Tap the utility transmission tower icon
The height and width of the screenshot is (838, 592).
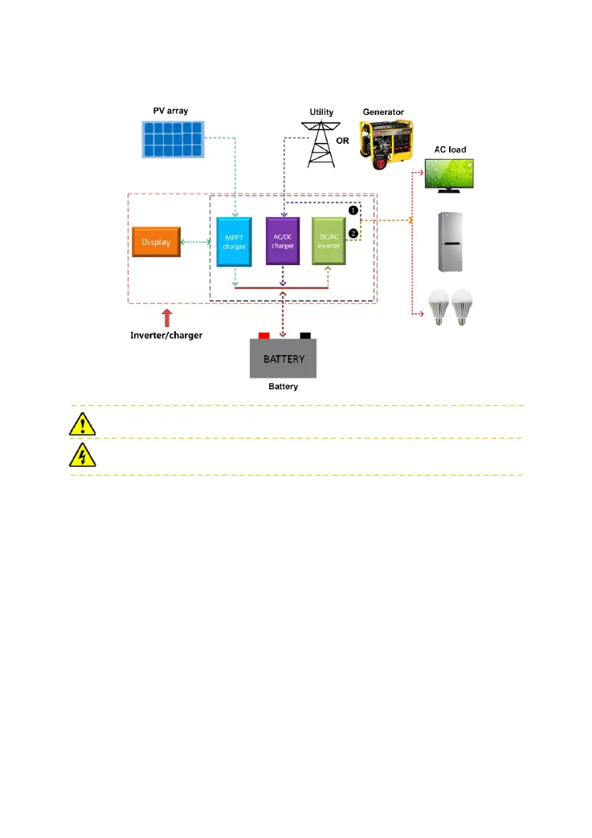click(321, 144)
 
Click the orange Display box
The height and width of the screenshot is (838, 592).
click(156, 242)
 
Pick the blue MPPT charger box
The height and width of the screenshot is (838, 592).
click(235, 241)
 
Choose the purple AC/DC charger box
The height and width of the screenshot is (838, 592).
click(282, 241)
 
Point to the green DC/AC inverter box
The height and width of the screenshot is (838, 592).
click(329, 241)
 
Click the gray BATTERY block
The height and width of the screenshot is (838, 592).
click(283, 358)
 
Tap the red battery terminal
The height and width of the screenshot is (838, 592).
click(263, 335)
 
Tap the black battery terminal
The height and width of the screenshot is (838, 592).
click(304, 335)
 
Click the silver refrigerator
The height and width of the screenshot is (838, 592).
click(450, 242)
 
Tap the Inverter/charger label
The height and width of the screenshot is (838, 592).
click(166, 335)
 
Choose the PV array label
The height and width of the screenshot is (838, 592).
click(169, 109)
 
